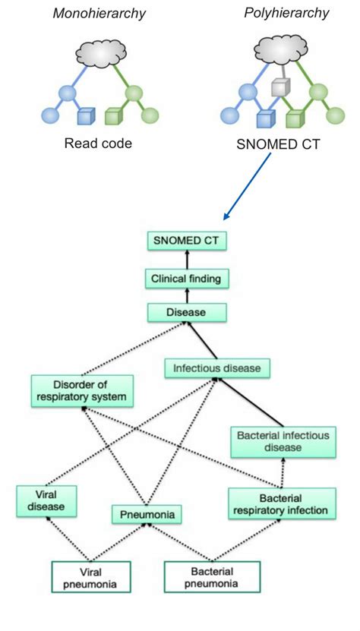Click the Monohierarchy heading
coord(98,14)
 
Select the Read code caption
coord(97,144)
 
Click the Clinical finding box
coord(187,279)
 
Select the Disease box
coord(187,311)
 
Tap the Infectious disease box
coord(217,368)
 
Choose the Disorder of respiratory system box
coord(83,390)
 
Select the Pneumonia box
coord(147,515)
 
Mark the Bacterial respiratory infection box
coord(281,503)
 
